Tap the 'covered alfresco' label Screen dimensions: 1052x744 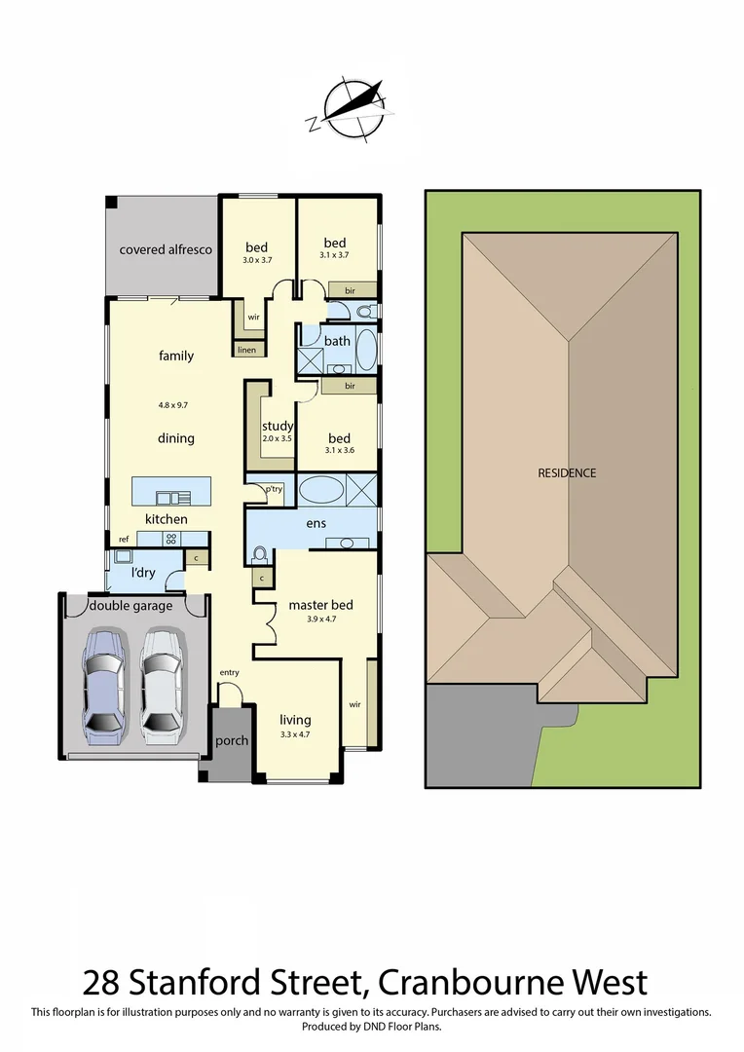166,249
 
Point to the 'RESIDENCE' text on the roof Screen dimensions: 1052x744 567,473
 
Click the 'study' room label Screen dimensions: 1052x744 278,426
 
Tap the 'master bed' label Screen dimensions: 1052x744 320,605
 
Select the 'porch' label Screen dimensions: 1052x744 232,740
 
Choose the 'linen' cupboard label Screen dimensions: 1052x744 246,349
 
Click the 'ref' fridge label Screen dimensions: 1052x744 124,539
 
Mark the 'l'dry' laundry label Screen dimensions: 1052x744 143,572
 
